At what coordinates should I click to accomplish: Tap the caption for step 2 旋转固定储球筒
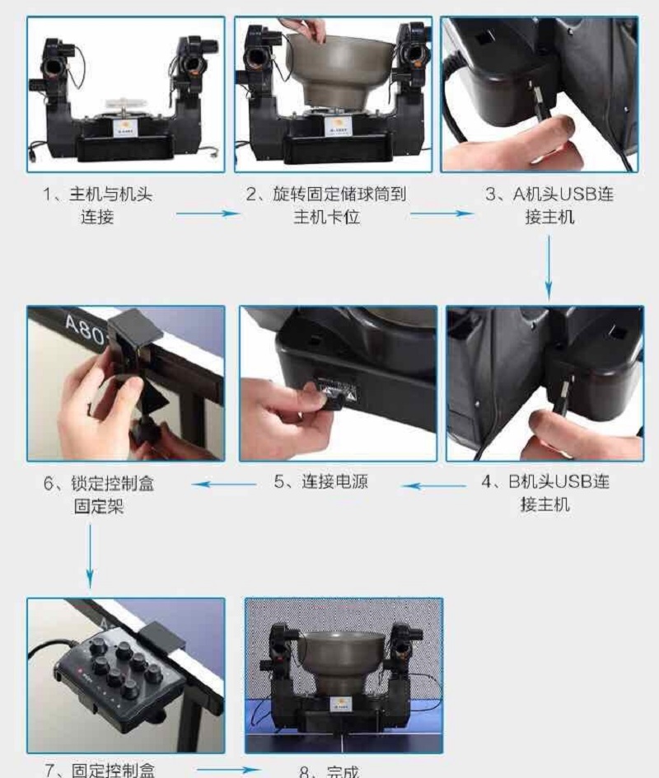[327, 206]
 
